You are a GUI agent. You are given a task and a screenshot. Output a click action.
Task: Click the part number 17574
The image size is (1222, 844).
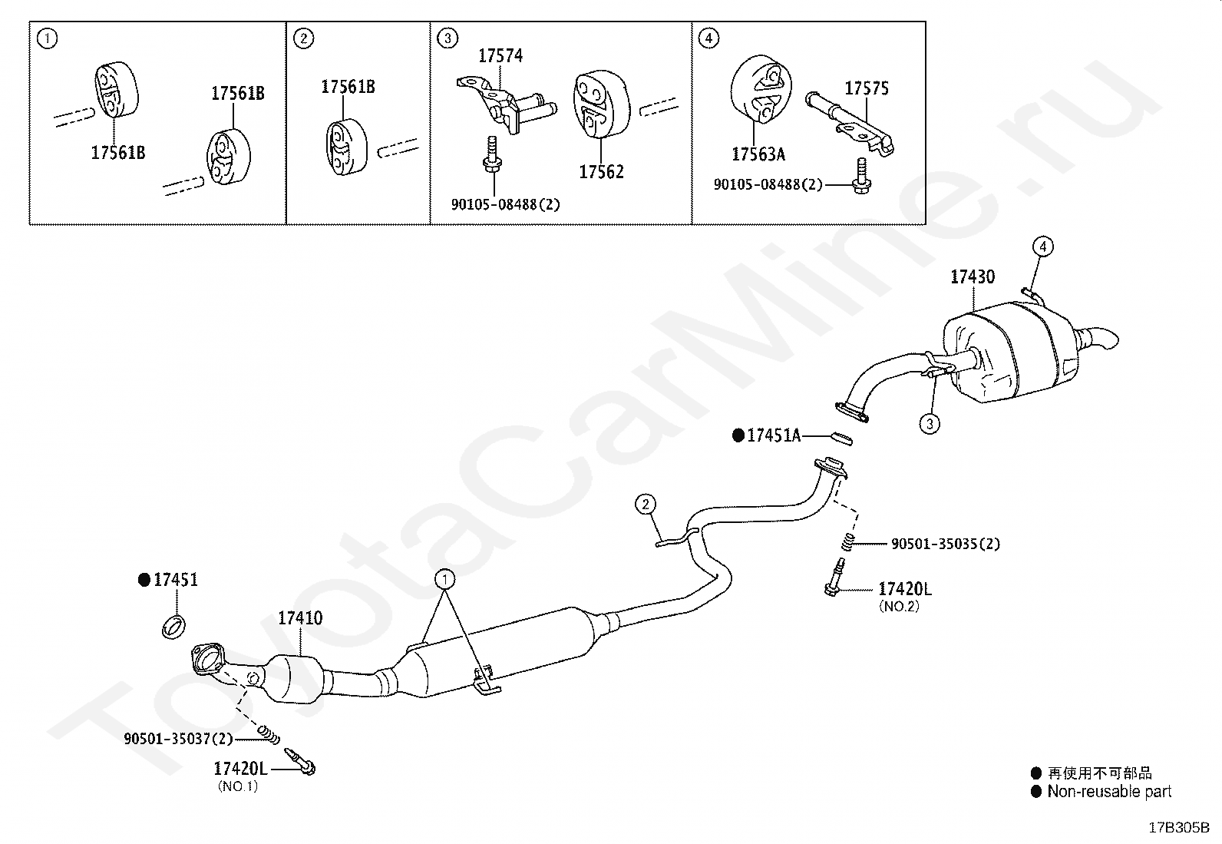(500, 56)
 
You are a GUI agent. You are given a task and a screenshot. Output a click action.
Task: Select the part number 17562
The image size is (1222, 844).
(601, 172)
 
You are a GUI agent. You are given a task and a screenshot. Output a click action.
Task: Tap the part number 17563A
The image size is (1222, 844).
(758, 154)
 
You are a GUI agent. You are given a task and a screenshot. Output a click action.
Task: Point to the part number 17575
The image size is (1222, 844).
(867, 89)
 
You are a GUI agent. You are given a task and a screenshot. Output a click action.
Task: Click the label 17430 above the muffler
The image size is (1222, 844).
(973, 276)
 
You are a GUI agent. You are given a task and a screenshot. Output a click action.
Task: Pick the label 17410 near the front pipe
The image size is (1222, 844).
(300, 618)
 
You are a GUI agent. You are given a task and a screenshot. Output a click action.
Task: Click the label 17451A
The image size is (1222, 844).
(773, 436)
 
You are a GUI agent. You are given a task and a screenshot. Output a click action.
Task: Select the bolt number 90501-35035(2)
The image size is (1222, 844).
(945, 544)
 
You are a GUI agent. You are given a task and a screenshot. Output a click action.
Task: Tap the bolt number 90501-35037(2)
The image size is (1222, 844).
(178, 739)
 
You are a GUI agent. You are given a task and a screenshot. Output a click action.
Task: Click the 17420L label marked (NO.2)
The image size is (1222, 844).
(904, 589)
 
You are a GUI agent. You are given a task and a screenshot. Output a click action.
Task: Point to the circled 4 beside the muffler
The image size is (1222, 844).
(1042, 247)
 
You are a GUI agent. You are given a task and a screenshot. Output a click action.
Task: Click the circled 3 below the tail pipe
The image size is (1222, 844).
(930, 423)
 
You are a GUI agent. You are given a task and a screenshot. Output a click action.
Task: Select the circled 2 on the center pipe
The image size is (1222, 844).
(646, 505)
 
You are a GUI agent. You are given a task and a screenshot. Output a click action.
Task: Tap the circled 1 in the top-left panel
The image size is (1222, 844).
(48, 38)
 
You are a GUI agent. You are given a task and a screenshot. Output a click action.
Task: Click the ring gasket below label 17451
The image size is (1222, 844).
(175, 626)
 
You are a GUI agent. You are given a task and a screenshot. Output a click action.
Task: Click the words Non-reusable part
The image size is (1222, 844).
(1109, 792)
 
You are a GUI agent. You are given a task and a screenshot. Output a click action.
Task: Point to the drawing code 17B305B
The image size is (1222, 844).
(1178, 828)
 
